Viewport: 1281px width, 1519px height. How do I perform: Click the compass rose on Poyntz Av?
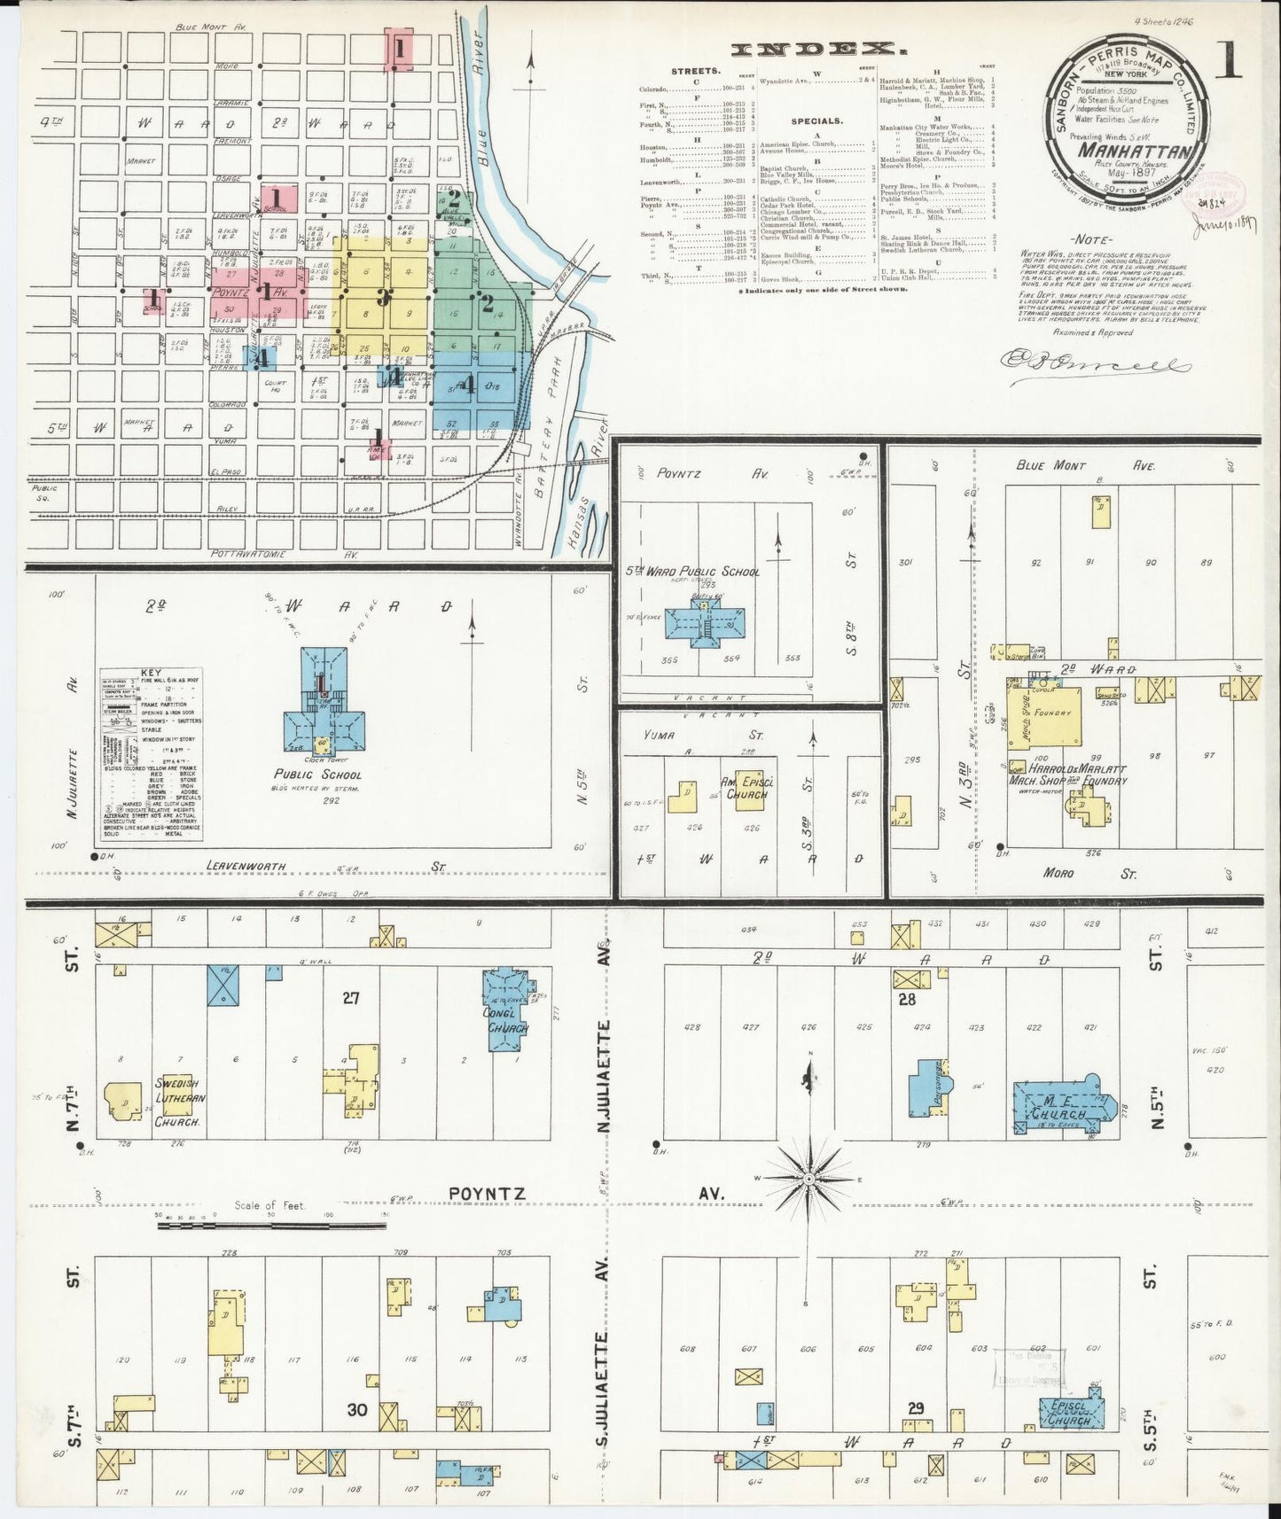coord(808,1180)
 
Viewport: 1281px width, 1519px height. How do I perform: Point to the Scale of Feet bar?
coord(271,1227)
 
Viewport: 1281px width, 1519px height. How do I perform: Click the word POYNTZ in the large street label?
coord(487,1194)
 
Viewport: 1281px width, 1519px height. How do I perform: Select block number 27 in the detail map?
coord(350,998)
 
